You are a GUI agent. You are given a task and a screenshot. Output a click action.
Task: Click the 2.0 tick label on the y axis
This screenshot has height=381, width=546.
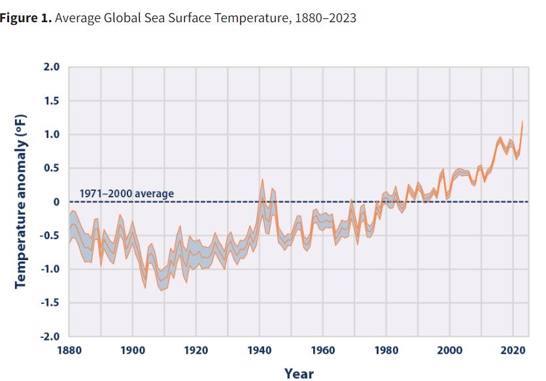(x=51, y=67)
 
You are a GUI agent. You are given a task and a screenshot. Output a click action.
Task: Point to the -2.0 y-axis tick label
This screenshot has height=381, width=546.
(x=50, y=337)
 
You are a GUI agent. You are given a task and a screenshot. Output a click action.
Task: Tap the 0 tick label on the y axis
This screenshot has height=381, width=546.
(x=56, y=202)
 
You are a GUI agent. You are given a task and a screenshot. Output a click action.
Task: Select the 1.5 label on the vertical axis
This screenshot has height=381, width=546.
(x=51, y=101)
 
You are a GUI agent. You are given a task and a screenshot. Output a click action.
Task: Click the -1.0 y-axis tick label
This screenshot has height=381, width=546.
(x=50, y=269)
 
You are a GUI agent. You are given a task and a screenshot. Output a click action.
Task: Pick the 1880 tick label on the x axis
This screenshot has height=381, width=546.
(x=69, y=351)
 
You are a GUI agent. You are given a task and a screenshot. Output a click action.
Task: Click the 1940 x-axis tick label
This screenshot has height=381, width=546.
(x=260, y=351)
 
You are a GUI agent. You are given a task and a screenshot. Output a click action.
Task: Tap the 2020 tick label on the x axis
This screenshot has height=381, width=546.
(x=513, y=351)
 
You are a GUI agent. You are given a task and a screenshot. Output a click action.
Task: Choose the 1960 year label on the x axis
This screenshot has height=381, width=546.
(x=323, y=351)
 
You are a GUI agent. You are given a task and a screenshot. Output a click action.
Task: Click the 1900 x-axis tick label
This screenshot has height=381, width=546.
(x=133, y=351)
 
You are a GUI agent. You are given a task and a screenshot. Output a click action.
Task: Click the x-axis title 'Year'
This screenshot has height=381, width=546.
(x=299, y=373)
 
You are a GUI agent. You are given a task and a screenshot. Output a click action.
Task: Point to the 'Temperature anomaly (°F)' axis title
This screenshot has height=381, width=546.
(x=21, y=202)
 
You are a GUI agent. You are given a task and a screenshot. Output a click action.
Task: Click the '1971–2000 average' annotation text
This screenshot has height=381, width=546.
(x=127, y=193)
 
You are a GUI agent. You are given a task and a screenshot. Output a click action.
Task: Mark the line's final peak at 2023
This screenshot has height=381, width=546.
(x=522, y=121)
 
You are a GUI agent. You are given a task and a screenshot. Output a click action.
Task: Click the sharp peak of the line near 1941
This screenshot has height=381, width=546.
(x=262, y=179)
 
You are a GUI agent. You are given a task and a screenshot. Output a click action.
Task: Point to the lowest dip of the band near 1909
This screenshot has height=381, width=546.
(x=161, y=290)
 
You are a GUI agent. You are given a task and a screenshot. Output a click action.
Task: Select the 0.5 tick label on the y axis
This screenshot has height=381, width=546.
(x=51, y=169)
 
